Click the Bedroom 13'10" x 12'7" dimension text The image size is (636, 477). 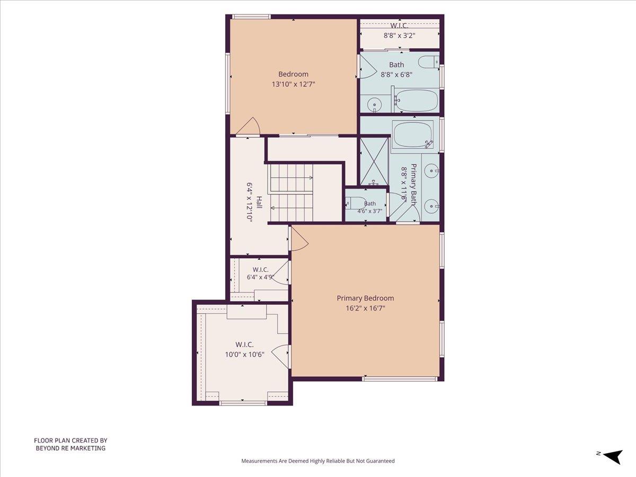coord(293,84)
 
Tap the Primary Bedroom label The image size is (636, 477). coord(365,298)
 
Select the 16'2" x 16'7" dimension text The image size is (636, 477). coord(365,308)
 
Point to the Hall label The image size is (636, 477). coord(259,202)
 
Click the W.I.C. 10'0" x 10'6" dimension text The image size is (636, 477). coord(244,354)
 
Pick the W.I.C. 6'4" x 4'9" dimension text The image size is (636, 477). coord(260,277)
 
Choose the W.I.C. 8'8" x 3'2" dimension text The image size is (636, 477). coord(399,36)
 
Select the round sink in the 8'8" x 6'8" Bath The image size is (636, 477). coord(375,104)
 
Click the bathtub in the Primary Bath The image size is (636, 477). coord(413,136)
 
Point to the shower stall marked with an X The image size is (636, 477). coord(374,161)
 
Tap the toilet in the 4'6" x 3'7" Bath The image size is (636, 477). coord(356,203)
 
